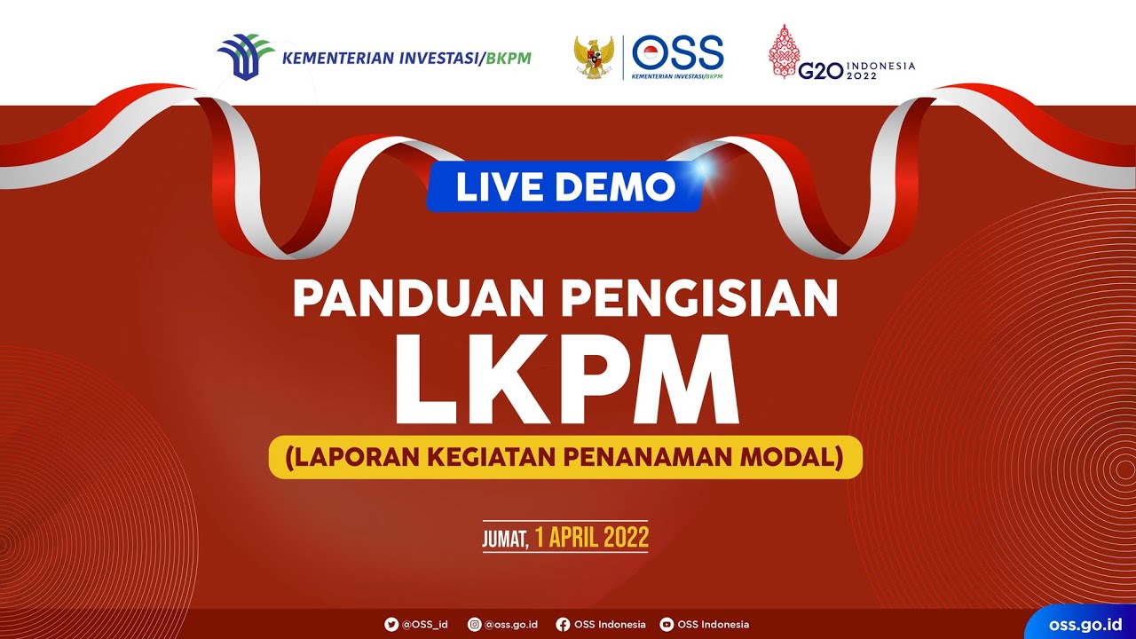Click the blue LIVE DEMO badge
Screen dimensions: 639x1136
click(x=564, y=186)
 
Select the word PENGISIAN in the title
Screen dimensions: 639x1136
click(x=698, y=299)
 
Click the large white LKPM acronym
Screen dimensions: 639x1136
click(x=566, y=379)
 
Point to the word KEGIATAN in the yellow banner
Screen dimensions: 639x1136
click(x=493, y=457)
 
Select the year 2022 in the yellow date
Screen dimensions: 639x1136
click(x=626, y=537)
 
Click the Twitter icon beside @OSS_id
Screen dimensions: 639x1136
click(x=391, y=625)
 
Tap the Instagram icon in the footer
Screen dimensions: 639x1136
click(x=475, y=625)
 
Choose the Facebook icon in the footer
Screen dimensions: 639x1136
click(x=563, y=625)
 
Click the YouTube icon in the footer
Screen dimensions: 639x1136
click(x=667, y=625)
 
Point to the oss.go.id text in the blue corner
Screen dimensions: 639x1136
click(x=1085, y=625)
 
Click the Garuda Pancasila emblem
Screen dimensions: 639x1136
click(x=594, y=58)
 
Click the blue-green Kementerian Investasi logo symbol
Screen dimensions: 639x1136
click(x=245, y=57)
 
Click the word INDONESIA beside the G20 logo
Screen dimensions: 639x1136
click(x=880, y=66)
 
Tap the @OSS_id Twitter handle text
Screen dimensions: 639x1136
click(x=425, y=625)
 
